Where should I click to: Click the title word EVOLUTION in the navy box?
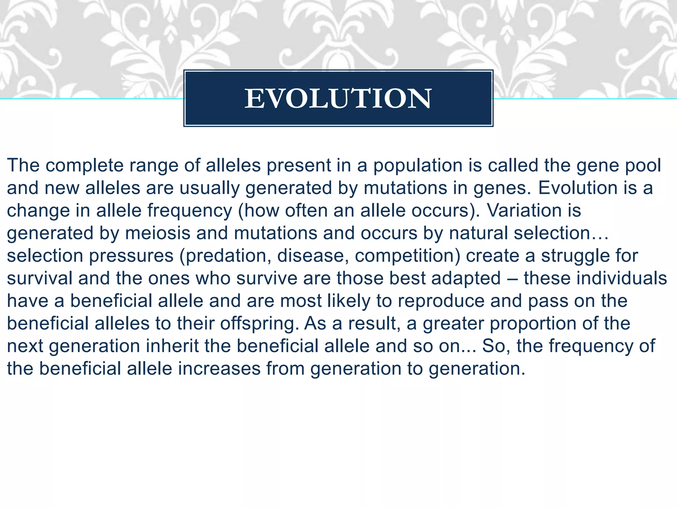338,99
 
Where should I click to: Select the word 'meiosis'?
158,233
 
